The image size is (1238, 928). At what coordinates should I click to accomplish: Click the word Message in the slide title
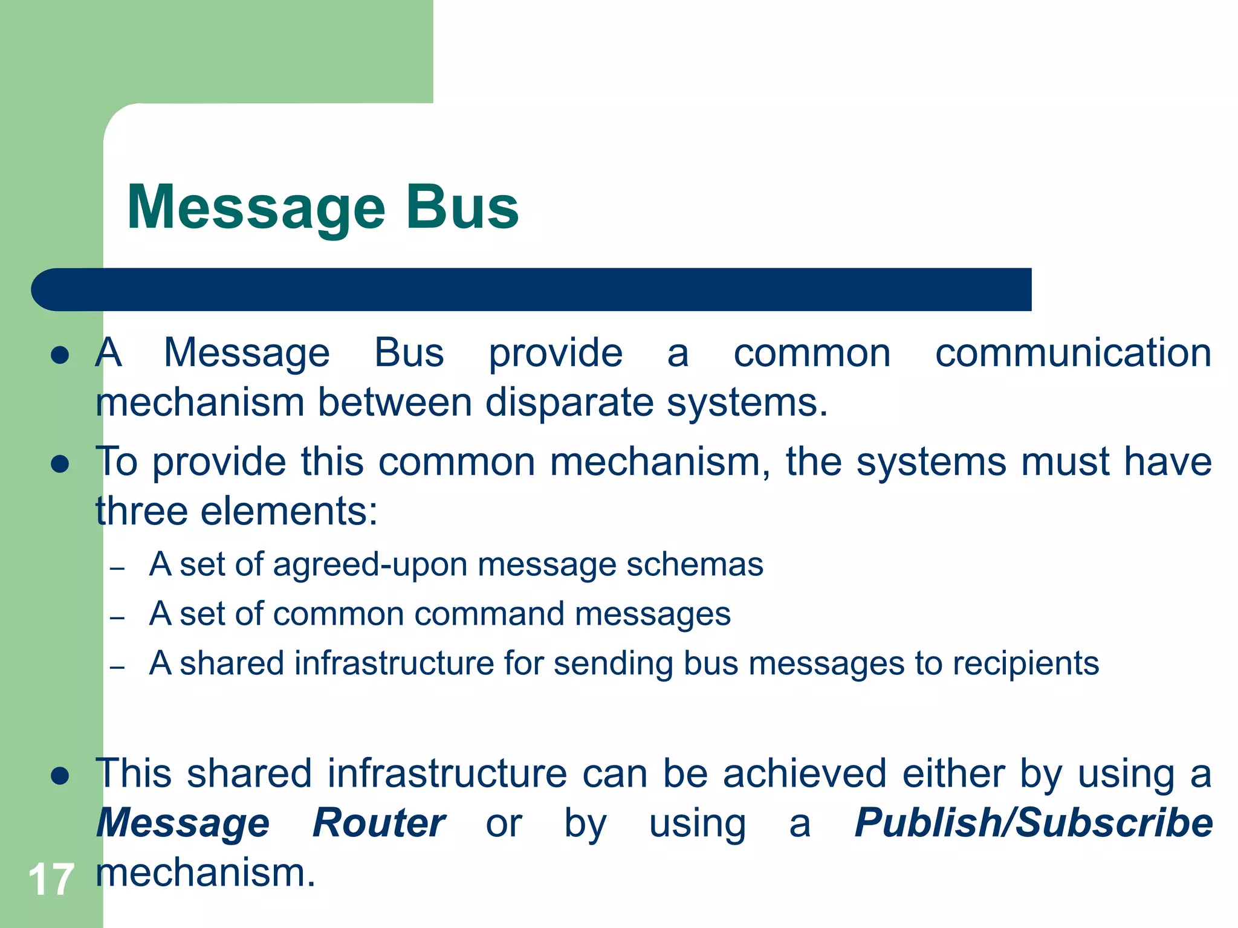(x=256, y=208)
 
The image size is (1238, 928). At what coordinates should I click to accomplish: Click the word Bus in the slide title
(x=462, y=207)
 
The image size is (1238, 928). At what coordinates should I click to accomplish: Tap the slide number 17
(x=51, y=880)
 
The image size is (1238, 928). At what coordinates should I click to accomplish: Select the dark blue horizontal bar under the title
(x=532, y=289)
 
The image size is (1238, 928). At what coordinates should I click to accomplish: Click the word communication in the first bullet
(x=1073, y=353)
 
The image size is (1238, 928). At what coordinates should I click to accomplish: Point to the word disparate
(x=569, y=402)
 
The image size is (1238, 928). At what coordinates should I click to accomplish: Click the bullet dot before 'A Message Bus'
(x=60, y=355)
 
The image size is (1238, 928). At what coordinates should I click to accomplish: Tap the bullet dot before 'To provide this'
(x=60, y=465)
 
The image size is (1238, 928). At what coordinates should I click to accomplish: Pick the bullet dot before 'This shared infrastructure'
(x=60, y=776)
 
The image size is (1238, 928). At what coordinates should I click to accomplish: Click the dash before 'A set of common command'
(x=117, y=618)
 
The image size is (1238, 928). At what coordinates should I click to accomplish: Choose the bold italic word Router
(x=379, y=823)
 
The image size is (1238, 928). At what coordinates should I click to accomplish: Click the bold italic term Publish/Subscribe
(x=1034, y=823)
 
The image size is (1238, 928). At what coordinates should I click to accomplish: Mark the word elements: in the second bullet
(x=289, y=511)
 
